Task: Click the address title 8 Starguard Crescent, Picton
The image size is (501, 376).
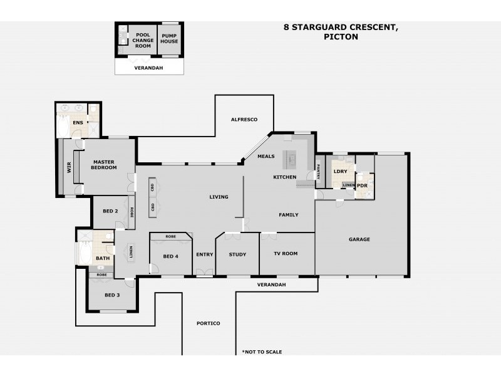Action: click(x=341, y=32)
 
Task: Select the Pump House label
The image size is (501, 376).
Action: click(x=169, y=39)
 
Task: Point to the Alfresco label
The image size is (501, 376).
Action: click(x=244, y=119)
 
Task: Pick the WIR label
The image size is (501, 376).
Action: click(x=70, y=168)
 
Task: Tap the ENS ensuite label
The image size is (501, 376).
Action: click(x=78, y=123)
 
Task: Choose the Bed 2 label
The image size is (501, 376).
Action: click(x=110, y=211)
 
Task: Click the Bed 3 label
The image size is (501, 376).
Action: click(x=111, y=295)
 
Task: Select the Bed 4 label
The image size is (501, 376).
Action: click(x=170, y=256)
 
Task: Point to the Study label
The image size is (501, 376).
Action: click(x=237, y=254)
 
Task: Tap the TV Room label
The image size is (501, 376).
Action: click(x=286, y=254)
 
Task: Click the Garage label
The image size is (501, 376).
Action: click(x=359, y=239)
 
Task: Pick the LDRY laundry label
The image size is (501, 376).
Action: click(x=340, y=171)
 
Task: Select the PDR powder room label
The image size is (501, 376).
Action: click(x=362, y=185)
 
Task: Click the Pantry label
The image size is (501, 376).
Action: click(x=318, y=170)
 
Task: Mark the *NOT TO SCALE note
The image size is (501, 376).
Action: click(x=262, y=352)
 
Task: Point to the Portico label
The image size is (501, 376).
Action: click(x=209, y=323)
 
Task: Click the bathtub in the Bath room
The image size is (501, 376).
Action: click(x=83, y=254)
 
